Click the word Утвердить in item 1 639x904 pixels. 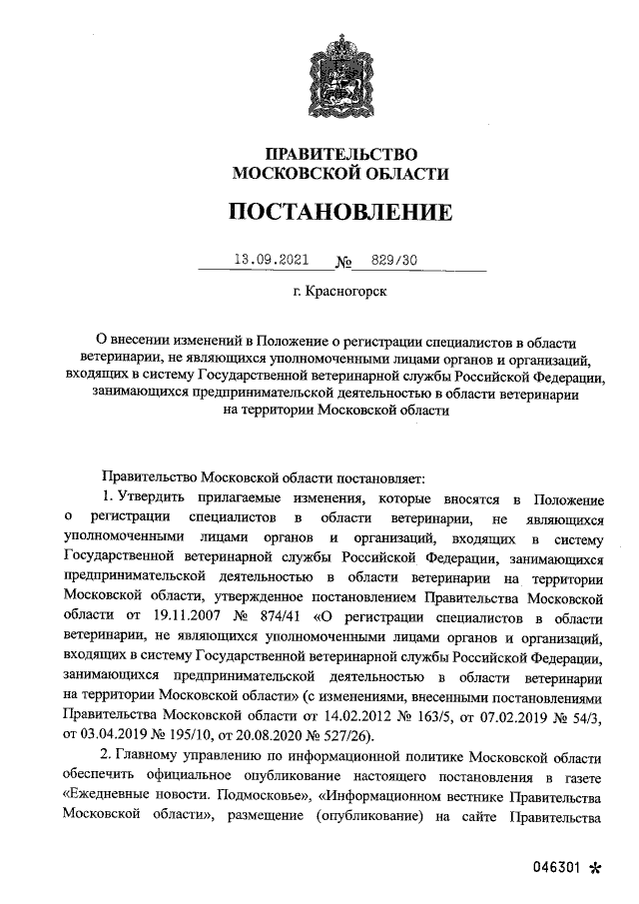coord(151,498)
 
